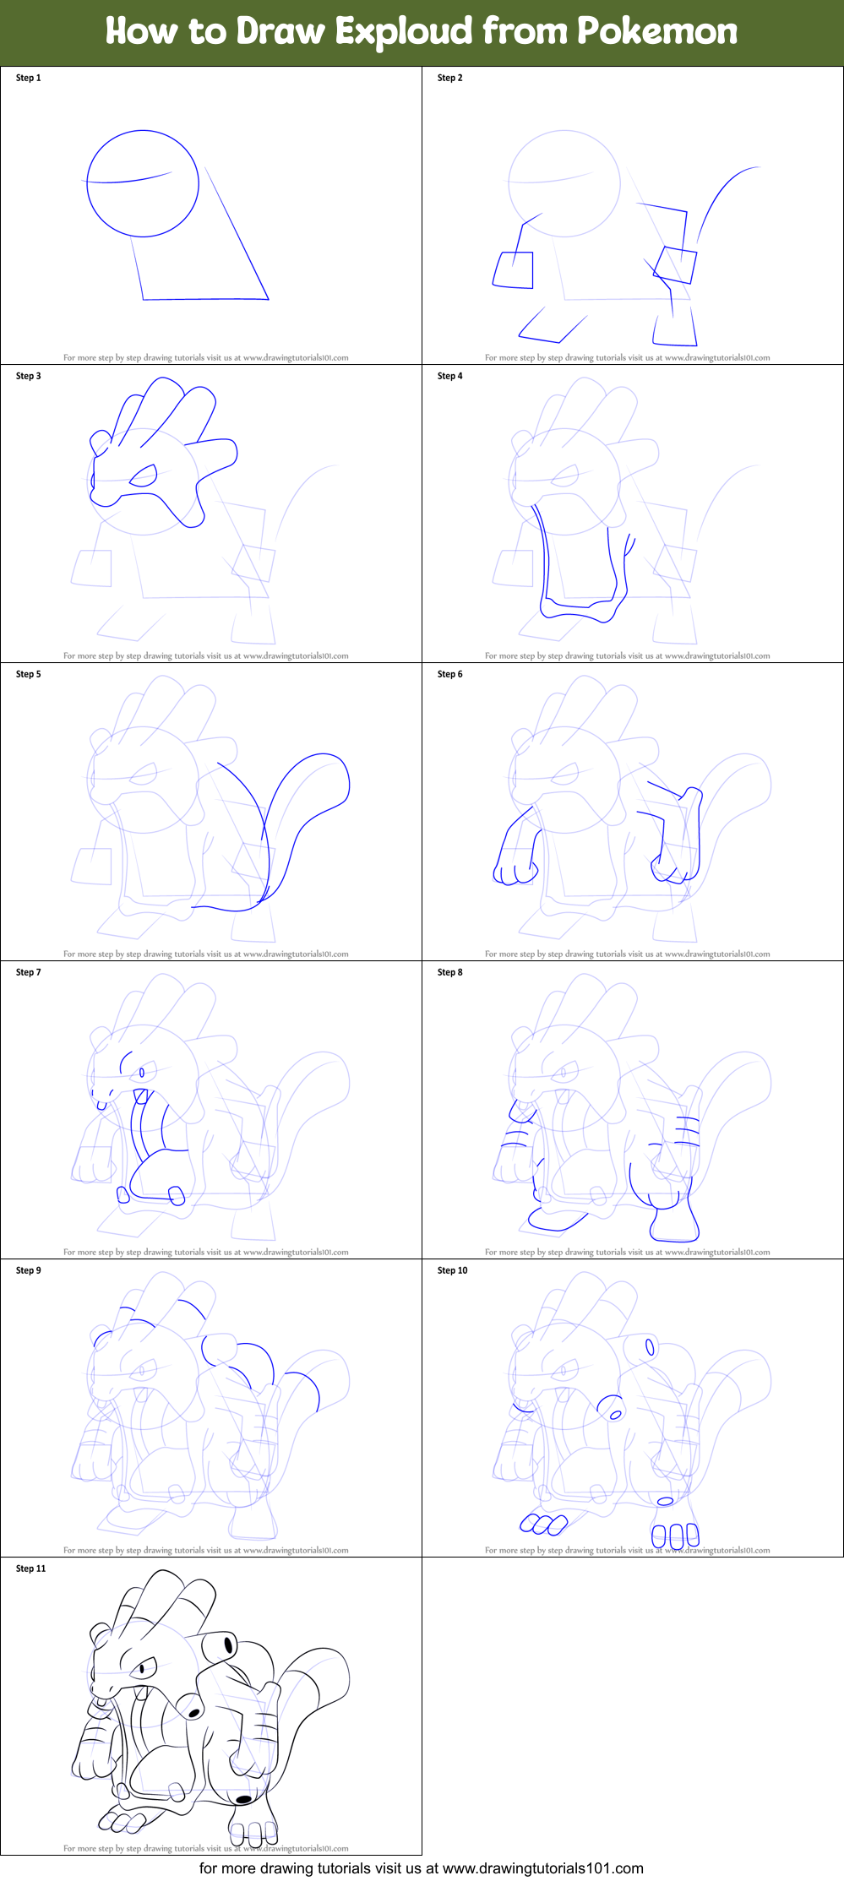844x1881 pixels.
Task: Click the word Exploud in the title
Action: coord(404,32)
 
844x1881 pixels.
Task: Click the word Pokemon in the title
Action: coord(657,32)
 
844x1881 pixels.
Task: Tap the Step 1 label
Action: coord(28,78)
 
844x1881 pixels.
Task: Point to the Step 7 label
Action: coord(28,972)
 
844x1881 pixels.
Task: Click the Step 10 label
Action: coord(452,1270)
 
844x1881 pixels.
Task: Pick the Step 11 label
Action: coord(30,1568)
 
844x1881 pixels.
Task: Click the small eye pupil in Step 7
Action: coord(142,1073)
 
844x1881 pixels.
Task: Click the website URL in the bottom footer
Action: coord(542,1868)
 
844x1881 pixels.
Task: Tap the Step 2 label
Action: coord(449,78)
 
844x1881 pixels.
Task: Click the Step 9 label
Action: coord(28,1270)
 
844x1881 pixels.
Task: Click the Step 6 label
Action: coord(449,674)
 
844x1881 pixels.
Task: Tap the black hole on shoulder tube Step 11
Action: coord(228,1645)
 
